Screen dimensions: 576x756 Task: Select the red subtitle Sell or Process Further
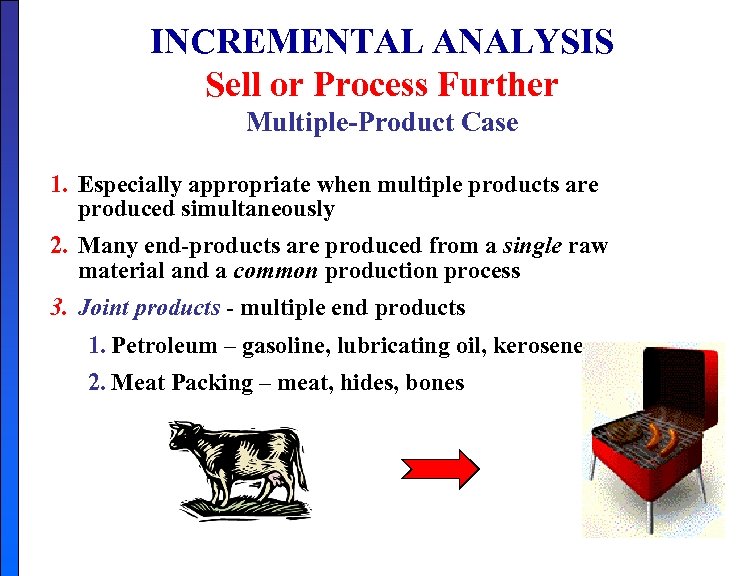pos(381,85)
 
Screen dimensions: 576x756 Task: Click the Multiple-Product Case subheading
pos(382,123)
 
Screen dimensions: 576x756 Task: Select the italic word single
pos(537,246)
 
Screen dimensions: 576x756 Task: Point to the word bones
pos(435,383)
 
